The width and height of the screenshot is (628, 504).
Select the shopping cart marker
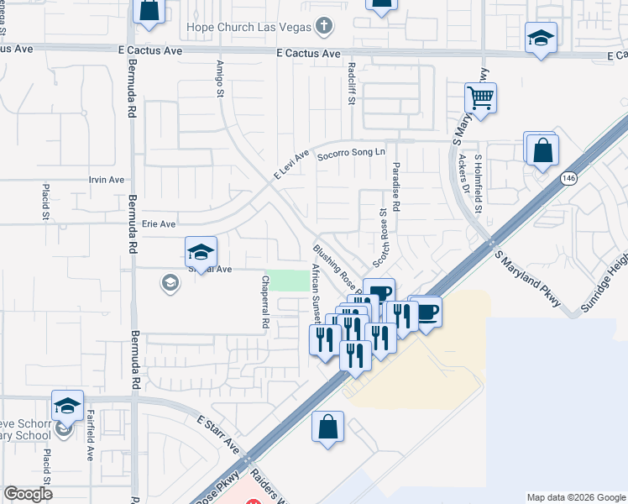coord(480,99)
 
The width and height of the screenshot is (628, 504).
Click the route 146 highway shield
coord(569,178)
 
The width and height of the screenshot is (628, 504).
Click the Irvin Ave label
coord(107,180)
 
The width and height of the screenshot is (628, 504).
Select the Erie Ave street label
coord(158,224)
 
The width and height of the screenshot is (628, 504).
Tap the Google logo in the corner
coord(28,494)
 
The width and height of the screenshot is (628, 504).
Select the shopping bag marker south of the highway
coord(327,427)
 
